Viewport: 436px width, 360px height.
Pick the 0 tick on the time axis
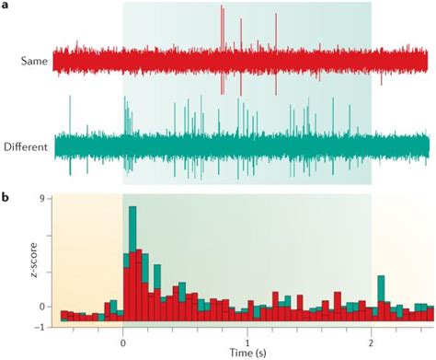click(x=122, y=338)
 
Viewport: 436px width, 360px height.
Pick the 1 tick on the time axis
click(x=247, y=338)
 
